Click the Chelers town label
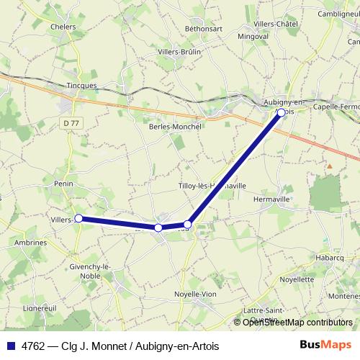(x=64, y=27)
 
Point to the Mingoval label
(x=253, y=35)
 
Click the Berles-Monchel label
(x=175, y=125)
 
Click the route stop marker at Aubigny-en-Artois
(x=282, y=112)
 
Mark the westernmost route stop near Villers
(x=78, y=218)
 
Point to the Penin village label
(x=63, y=184)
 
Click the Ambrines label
(x=30, y=243)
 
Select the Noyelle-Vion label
(x=195, y=294)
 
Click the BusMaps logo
(x=326, y=344)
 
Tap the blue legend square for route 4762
(x=11, y=345)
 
